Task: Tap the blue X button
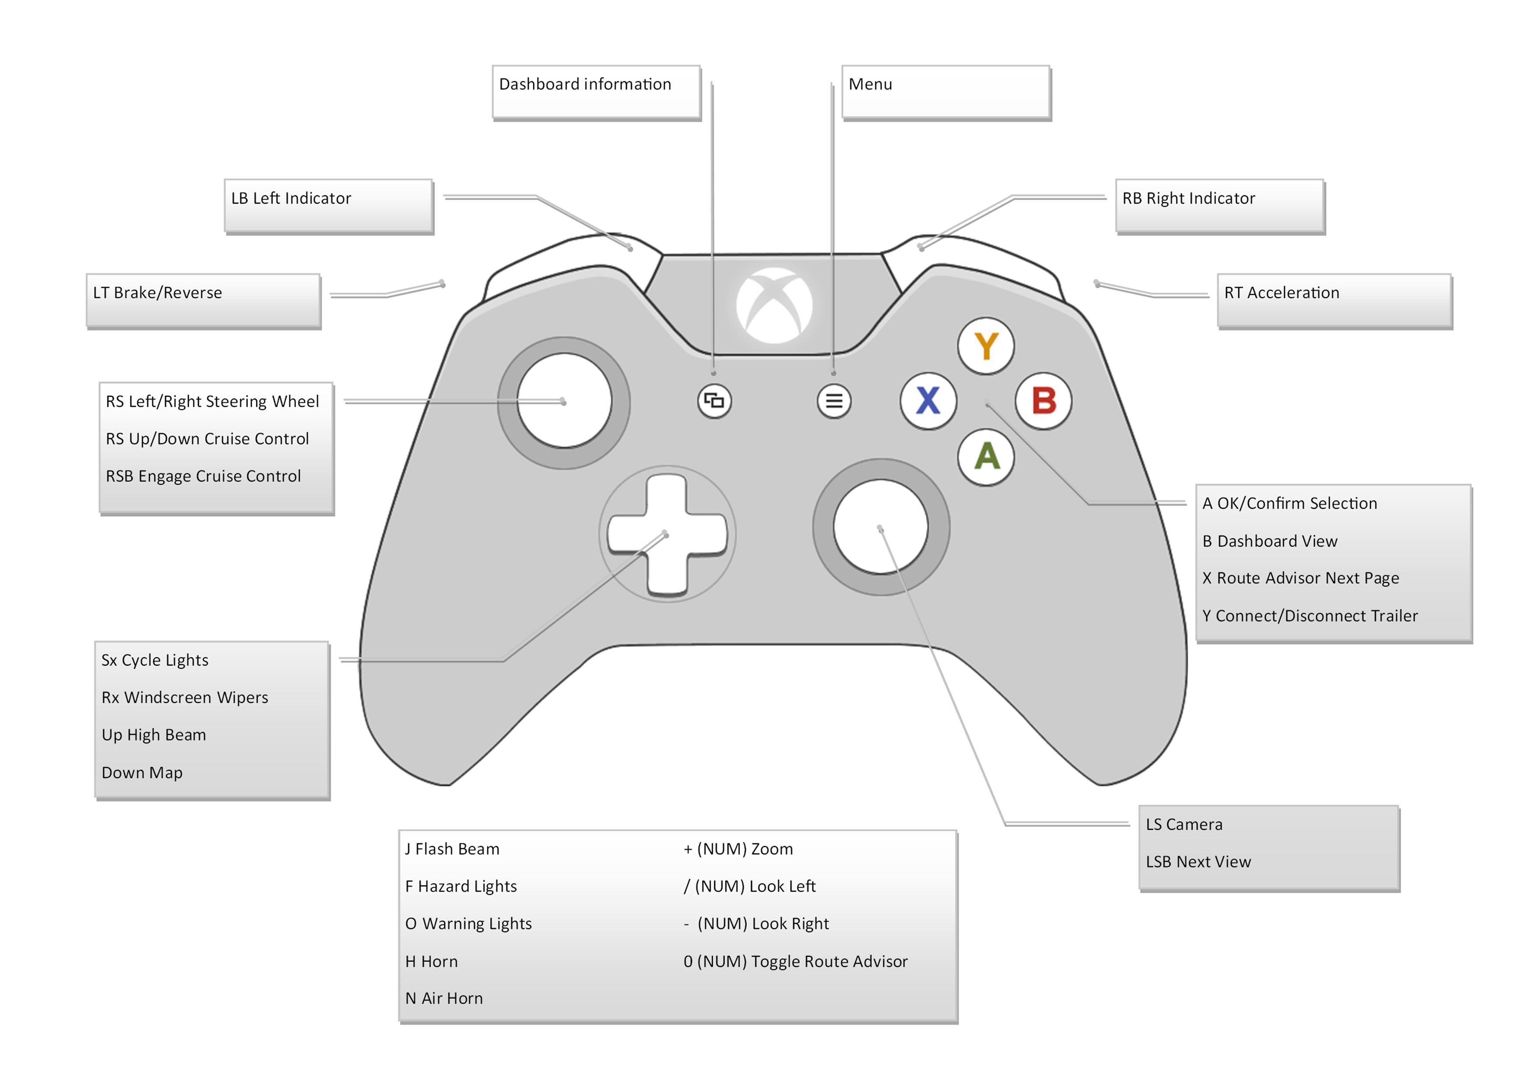[928, 400]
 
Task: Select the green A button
[986, 457]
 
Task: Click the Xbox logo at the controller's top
[775, 306]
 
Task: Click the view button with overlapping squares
[714, 401]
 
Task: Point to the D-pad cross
[667, 534]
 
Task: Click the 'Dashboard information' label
[584, 85]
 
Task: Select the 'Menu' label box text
[870, 85]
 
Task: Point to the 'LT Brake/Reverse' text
[157, 293]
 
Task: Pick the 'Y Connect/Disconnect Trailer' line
[1310, 616]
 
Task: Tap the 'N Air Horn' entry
[444, 998]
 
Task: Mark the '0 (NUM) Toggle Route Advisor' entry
[795, 962]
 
